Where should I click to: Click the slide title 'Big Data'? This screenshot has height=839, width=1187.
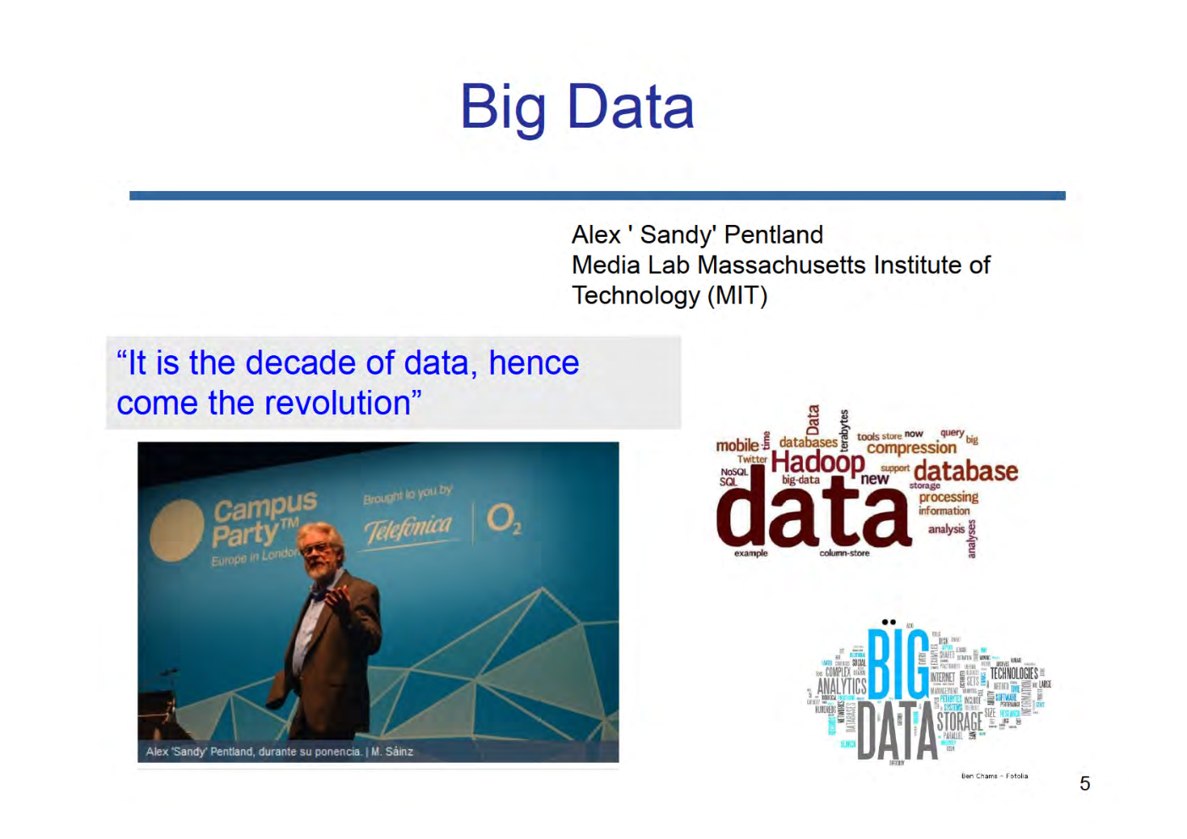577,107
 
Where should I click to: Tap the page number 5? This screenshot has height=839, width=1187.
1085,784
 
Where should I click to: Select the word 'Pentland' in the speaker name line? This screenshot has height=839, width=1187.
773,234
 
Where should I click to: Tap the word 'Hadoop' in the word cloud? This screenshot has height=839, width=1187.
817,462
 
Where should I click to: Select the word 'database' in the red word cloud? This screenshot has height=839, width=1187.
965,471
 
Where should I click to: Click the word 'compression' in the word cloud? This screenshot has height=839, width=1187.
911,448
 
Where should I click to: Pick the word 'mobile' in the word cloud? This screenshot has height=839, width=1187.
737,445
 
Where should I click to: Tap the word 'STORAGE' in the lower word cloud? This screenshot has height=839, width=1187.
959,721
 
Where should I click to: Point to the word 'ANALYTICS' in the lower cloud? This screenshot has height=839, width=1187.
841,686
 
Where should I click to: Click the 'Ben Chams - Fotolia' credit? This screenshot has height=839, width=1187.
994,776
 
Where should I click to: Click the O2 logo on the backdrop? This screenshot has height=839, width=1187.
503,518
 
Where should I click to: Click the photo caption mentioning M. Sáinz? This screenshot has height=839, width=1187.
279,751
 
